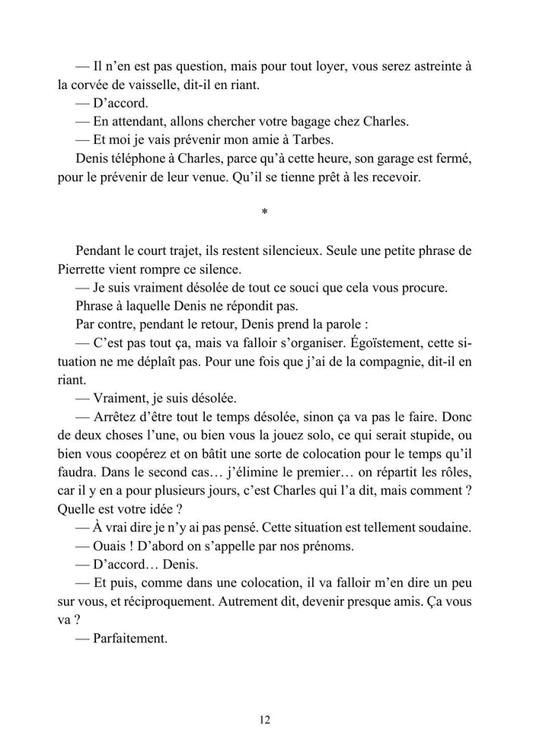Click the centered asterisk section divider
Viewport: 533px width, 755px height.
point(264,214)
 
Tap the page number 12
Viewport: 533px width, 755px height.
point(265,719)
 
